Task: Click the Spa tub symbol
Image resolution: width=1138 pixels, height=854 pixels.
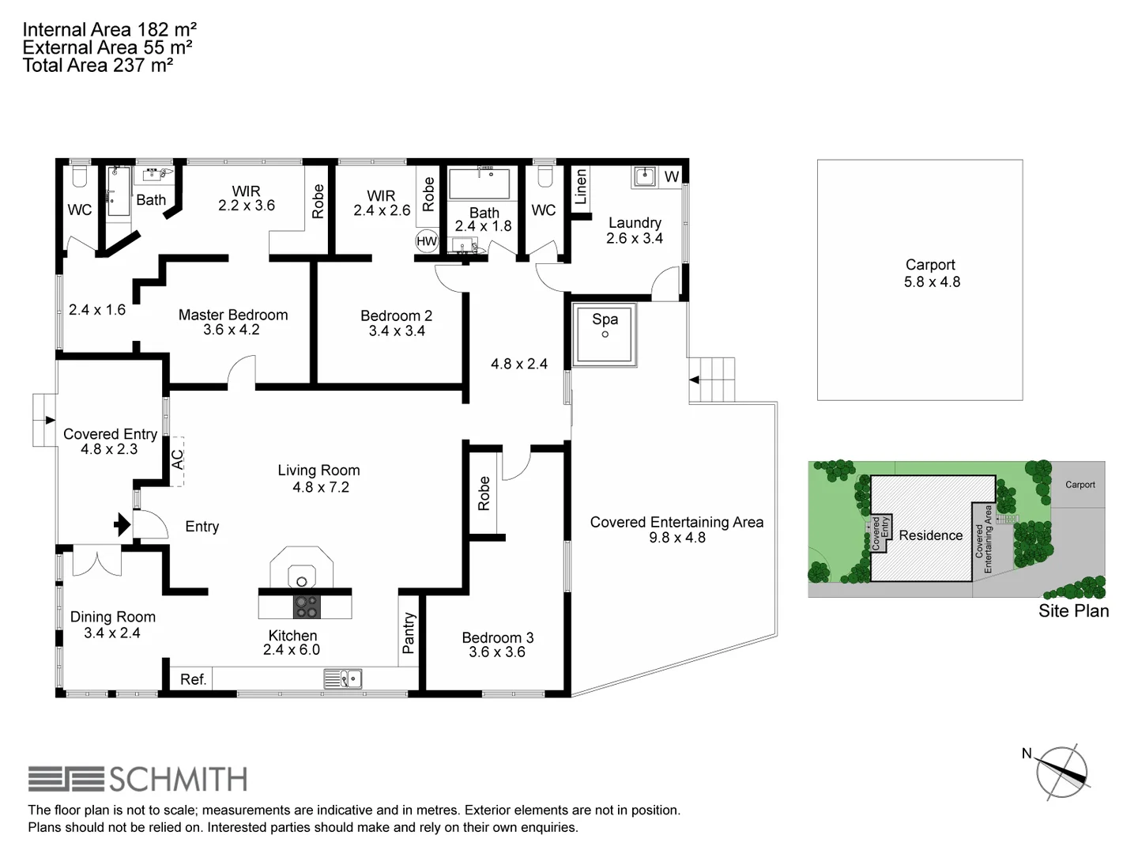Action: (605, 336)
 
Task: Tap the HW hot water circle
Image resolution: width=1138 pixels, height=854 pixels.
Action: (427, 241)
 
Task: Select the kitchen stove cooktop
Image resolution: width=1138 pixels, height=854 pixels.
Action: (306, 606)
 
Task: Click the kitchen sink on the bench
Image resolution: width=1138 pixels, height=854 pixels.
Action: (343, 679)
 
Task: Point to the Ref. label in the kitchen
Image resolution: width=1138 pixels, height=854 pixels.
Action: (193, 679)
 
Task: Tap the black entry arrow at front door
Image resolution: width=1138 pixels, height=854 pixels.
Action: (122, 524)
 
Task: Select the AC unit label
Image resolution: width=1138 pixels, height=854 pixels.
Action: (178, 459)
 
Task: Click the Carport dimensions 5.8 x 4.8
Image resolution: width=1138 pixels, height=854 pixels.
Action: (932, 282)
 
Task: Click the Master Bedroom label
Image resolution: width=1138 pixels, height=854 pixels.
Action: (233, 315)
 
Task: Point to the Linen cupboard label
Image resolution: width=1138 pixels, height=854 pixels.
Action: (581, 187)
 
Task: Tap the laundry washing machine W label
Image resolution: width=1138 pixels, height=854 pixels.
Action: (671, 176)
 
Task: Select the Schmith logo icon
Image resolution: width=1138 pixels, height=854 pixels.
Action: (66, 779)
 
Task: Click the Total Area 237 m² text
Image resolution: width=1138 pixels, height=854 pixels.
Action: (98, 66)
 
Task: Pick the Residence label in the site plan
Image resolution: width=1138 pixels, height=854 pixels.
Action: (930, 535)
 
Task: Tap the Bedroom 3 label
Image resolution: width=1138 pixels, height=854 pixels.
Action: (497, 637)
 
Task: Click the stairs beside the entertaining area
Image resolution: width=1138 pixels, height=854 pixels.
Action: (714, 380)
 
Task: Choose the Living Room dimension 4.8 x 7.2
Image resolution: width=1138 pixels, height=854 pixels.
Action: (320, 488)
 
